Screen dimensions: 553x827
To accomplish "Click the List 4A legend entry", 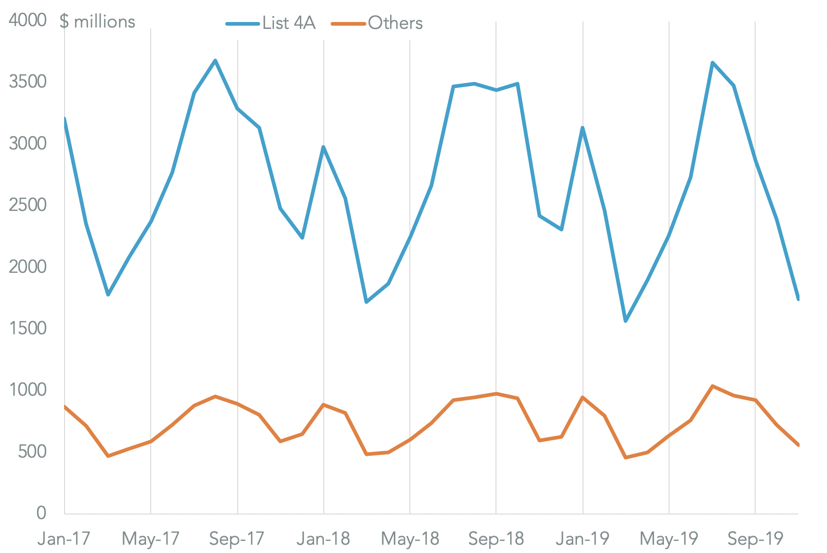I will pyautogui.click(x=271, y=23).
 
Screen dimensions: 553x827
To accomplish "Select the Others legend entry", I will pyautogui.click(x=377, y=23).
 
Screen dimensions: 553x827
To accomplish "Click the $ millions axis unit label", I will pyautogui.click(x=98, y=22).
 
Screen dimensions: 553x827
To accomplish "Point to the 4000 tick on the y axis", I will pyautogui.click(x=27, y=20).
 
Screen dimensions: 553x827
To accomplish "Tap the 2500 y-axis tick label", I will pyautogui.click(x=27, y=205).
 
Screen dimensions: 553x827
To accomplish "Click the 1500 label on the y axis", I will pyautogui.click(x=27, y=328).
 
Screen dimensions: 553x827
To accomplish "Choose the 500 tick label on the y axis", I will pyautogui.click(x=32, y=452).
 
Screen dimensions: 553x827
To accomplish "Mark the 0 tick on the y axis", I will pyautogui.click(x=41, y=513).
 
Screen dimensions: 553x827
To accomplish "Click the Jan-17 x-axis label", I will pyautogui.click(x=64, y=539).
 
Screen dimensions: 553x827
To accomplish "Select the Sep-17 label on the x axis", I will pyautogui.click(x=237, y=539).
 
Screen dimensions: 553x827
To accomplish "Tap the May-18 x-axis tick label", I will pyautogui.click(x=410, y=539).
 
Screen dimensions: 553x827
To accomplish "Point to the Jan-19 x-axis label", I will pyautogui.click(x=582, y=539).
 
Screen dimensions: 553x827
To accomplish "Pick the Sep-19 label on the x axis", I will pyautogui.click(x=755, y=539).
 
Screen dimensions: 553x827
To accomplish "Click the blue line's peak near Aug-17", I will pyautogui.click(x=215, y=60).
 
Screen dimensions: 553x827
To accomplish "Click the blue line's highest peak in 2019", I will pyautogui.click(x=713, y=62).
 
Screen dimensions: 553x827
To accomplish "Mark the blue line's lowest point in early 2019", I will pyautogui.click(x=626, y=321).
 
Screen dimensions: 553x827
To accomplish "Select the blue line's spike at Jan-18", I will pyautogui.click(x=323, y=147).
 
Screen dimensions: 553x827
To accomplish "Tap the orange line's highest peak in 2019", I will pyautogui.click(x=713, y=386).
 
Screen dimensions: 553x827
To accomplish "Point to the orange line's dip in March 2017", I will pyautogui.click(x=108, y=456).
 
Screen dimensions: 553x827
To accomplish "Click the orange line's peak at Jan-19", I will pyautogui.click(x=582, y=397).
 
